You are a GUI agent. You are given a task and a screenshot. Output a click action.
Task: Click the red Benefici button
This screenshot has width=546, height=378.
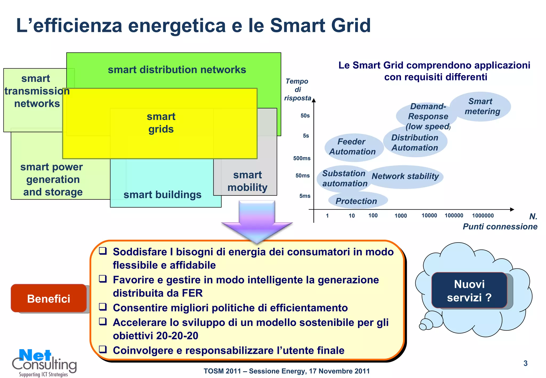click(49, 299)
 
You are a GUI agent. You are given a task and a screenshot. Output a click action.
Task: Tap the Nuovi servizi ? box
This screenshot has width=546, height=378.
click(469, 291)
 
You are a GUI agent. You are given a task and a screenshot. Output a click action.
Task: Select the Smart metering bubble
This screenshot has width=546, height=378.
click(481, 107)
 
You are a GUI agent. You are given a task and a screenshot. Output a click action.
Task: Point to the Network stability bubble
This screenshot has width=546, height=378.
click(405, 176)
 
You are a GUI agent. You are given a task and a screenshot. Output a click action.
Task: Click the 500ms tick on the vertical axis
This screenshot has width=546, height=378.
click(302, 158)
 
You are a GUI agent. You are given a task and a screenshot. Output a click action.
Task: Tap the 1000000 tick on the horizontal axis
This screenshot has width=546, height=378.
click(483, 216)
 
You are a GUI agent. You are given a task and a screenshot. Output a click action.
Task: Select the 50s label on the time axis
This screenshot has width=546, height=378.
click(305, 116)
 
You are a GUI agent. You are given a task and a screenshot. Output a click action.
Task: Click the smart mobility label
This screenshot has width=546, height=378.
click(247, 181)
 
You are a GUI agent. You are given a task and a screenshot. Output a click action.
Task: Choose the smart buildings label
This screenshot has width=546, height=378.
click(162, 195)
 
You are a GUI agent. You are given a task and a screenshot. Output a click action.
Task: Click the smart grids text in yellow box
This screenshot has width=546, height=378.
click(161, 123)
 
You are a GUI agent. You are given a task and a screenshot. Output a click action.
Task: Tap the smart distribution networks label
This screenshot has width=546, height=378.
click(177, 70)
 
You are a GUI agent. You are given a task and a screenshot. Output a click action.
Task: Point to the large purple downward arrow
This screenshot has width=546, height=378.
click(257, 221)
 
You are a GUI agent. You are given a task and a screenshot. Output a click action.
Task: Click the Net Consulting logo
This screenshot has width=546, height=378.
click(44, 363)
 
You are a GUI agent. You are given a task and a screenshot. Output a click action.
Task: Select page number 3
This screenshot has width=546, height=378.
click(525, 363)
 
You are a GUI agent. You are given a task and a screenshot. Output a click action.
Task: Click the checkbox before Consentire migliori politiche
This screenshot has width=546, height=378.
click(103, 307)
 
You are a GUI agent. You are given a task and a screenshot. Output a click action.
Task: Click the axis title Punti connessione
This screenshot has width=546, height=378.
click(500, 227)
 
